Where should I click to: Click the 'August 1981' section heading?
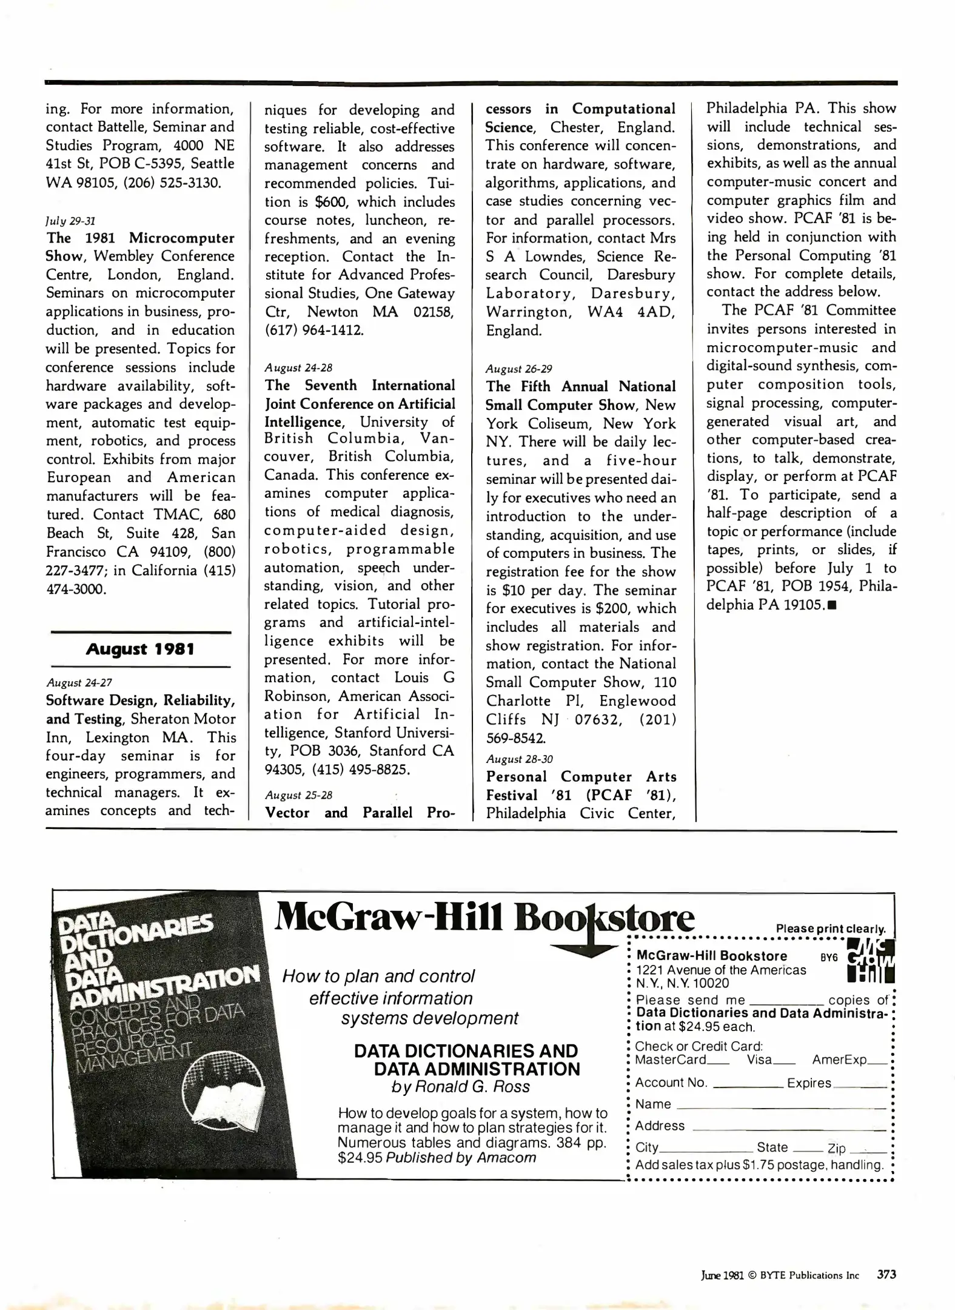tap(140, 650)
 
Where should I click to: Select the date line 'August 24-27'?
tap(79, 683)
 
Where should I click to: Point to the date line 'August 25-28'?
tap(298, 795)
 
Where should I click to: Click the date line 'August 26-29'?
tap(519, 369)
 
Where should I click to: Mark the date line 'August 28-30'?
tap(519, 759)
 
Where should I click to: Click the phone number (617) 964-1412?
tap(314, 331)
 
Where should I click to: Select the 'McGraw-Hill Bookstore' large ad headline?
tap(484, 919)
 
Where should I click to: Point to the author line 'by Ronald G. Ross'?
tap(461, 1087)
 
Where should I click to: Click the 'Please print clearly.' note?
tap(831, 929)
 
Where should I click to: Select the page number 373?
tap(886, 1274)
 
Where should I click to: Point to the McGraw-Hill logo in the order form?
tap(870, 961)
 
